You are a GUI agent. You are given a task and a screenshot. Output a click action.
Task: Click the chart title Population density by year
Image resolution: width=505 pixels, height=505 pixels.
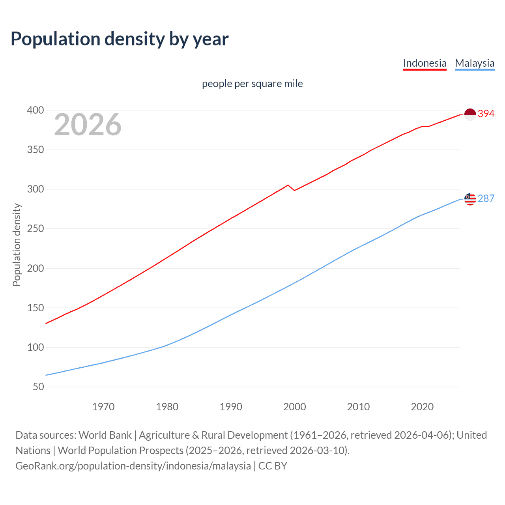pos(120,39)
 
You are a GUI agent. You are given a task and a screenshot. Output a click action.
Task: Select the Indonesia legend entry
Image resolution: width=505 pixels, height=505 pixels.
pos(425,63)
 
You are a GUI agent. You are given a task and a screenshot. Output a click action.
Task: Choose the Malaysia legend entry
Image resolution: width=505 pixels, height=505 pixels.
pos(474,63)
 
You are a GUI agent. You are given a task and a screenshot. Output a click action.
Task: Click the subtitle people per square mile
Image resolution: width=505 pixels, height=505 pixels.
pos(252,84)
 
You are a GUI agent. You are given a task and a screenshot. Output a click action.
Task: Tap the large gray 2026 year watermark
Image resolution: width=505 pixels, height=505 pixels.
pos(88,125)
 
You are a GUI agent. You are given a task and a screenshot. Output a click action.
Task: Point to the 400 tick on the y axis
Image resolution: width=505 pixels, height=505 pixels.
pos(36,110)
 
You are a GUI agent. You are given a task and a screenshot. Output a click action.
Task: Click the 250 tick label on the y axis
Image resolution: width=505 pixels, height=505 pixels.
pos(36,229)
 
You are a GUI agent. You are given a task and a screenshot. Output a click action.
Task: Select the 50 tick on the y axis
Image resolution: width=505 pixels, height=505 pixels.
pos(38,387)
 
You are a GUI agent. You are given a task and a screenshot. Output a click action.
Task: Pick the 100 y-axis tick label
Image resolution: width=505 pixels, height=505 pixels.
pos(36,348)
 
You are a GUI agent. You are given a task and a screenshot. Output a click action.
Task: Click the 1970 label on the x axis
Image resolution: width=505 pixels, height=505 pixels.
pos(103,407)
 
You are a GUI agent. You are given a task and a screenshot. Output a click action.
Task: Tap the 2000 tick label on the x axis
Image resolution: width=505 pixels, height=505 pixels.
pos(294,407)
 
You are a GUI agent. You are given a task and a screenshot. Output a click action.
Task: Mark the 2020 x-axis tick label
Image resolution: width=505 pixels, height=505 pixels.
pos(422,407)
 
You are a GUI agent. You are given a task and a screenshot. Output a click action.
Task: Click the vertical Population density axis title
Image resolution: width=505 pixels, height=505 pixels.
pos(17,245)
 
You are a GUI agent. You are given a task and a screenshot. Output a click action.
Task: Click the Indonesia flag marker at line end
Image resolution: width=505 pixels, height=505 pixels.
pos(470,114)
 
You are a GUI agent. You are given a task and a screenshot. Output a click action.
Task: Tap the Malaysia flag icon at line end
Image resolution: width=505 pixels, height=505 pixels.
pos(470,199)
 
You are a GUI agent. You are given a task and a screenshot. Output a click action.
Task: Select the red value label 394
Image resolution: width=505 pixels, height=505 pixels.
pos(486,114)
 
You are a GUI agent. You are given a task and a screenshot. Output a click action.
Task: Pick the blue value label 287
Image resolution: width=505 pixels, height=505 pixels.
pos(486,198)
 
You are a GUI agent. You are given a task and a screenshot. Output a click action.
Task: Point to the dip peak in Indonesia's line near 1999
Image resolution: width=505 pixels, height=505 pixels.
pos(288,185)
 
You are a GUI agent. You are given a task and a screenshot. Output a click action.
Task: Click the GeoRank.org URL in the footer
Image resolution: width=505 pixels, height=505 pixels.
pos(133,466)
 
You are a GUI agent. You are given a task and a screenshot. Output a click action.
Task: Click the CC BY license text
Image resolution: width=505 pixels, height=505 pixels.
pos(273,466)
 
